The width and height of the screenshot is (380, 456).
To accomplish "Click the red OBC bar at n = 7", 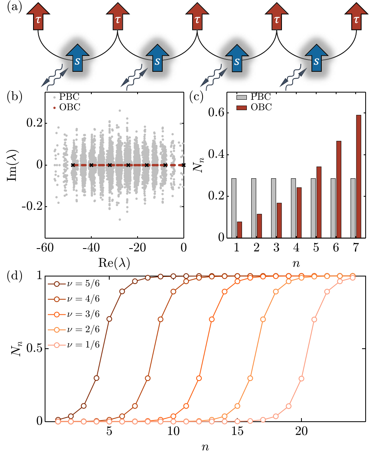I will (x=358, y=176).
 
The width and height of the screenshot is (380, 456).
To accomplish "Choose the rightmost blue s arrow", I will (x=316, y=60).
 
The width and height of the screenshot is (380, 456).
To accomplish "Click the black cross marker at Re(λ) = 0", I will (x=183, y=165).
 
